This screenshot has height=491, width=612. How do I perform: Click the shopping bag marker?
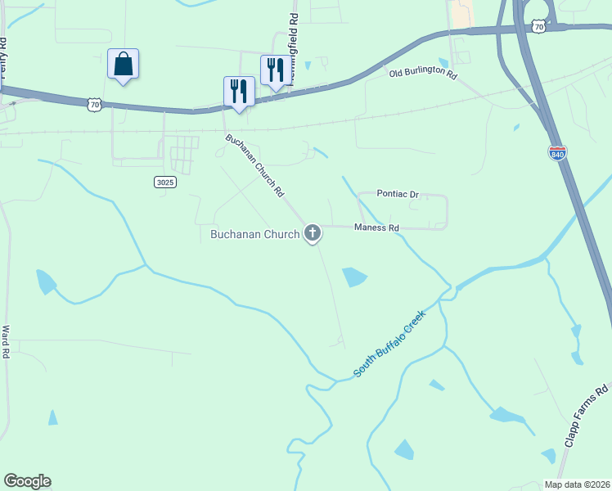click(x=123, y=64)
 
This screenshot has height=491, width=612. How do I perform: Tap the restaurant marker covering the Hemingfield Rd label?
click(x=274, y=70)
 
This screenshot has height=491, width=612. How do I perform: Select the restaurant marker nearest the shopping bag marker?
click(x=239, y=91)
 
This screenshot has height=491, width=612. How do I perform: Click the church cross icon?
click(x=312, y=234)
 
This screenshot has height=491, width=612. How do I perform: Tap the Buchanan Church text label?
click(x=254, y=235)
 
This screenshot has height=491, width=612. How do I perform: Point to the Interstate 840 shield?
click(x=557, y=153)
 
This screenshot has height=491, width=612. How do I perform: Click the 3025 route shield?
click(x=164, y=182)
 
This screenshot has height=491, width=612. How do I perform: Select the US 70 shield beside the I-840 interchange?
click(x=538, y=27)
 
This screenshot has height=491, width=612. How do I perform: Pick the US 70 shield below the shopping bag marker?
click(x=95, y=104)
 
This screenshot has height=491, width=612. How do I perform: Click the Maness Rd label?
click(x=376, y=227)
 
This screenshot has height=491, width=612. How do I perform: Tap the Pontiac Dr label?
click(x=398, y=194)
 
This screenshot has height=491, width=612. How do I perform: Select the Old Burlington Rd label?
click(x=422, y=73)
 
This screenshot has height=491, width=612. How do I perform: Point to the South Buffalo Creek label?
click(x=390, y=344)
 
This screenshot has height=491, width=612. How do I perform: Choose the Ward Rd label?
click(x=6, y=342)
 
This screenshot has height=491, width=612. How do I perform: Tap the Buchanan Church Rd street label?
click(x=254, y=166)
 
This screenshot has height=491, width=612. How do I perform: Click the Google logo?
click(x=27, y=481)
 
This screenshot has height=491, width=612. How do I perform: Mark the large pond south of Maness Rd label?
click(x=353, y=277)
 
